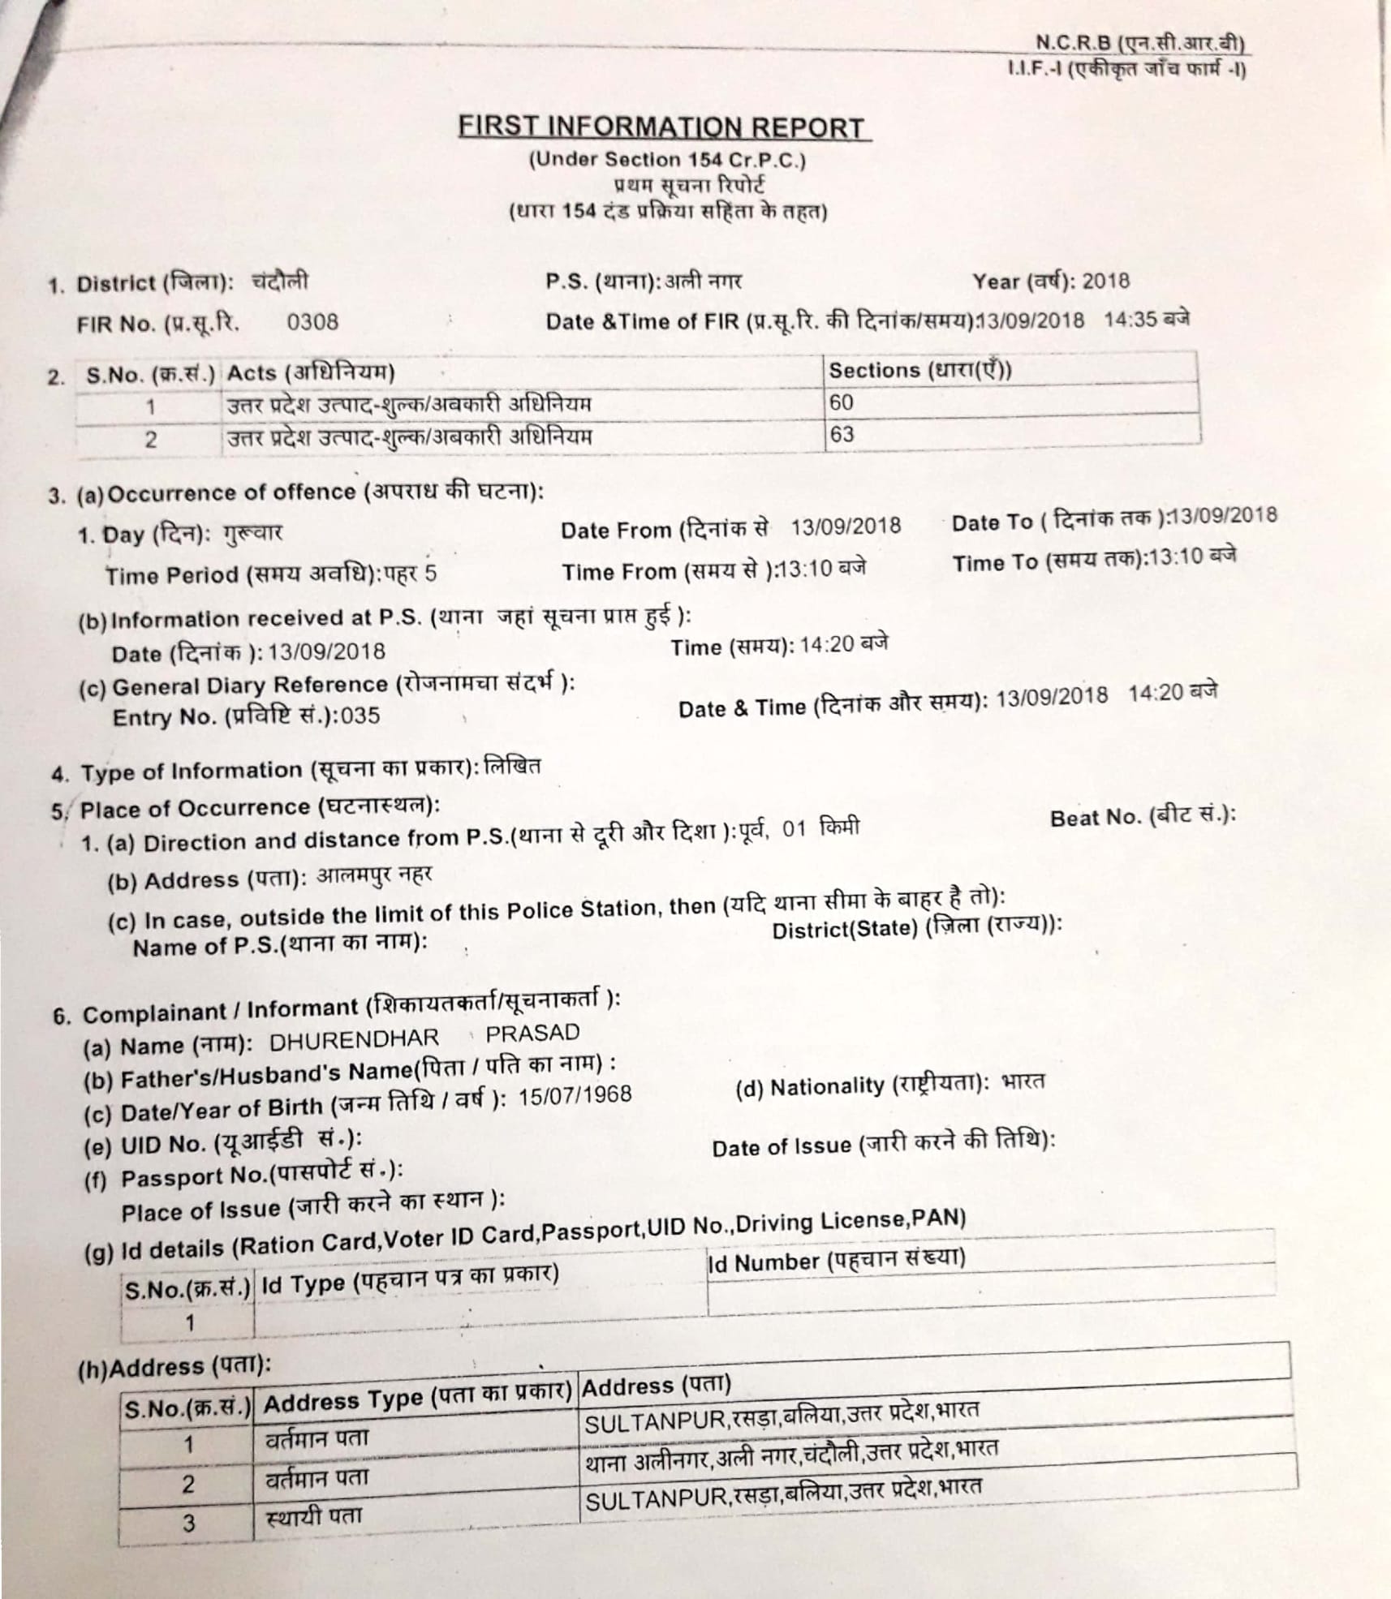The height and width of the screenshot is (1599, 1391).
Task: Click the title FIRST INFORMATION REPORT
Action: pyautogui.click(x=661, y=128)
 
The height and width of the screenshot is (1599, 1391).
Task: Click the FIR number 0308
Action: pyautogui.click(x=312, y=322)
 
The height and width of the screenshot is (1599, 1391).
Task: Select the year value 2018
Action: pyautogui.click(x=1105, y=281)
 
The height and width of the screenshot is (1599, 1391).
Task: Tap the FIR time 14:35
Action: pyautogui.click(x=1130, y=319)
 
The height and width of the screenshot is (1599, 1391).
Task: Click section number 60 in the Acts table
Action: pyautogui.click(x=842, y=402)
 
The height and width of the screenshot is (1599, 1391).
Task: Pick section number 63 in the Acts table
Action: pyautogui.click(x=842, y=434)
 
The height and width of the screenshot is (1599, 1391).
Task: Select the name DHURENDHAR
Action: pyautogui.click(x=354, y=1038)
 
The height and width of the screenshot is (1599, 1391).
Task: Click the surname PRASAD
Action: pyautogui.click(x=532, y=1033)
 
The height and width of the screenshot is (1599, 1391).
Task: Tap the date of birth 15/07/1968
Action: pyautogui.click(x=575, y=1095)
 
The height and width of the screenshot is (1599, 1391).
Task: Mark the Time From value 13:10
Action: pyautogui.click(x=804, y=569)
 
